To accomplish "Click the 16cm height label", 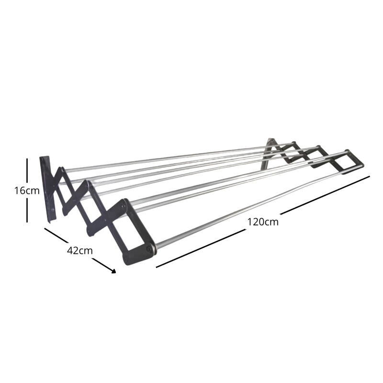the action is click(x=27, y=191).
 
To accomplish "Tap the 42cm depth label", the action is click(x=80, y=250).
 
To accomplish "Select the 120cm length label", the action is click(x=263, y=222).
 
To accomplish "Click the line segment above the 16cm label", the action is click(x=27, y=171).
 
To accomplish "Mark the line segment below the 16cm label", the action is click(x=27, y=210).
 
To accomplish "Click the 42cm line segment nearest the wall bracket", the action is click(x=56, y=236).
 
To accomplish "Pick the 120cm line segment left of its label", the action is click(x=201, y=248).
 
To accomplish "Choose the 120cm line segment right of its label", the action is click(x=325, y=195).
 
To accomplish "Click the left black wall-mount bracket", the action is click(x=48, y=189).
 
